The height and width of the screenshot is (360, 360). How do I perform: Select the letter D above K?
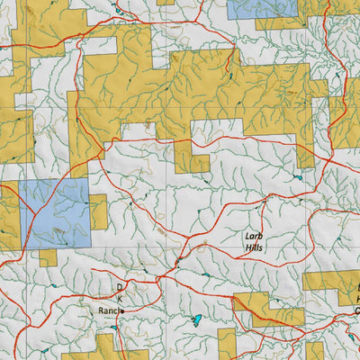tap(118, 286)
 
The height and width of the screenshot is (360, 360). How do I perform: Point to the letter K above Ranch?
tap(118, 298)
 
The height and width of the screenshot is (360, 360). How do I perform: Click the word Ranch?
tap(109, 310)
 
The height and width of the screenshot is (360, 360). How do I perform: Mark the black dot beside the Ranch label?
tap(122, 310)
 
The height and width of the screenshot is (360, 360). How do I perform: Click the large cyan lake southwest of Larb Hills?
tap(197, 319)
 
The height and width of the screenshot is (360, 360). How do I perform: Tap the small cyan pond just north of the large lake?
tap(206, 274)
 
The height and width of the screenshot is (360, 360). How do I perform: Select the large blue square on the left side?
tap(54, 214)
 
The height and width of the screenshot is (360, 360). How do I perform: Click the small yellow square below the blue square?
tap(48, 257)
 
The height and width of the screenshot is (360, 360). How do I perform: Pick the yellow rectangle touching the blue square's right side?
tap(98, 211)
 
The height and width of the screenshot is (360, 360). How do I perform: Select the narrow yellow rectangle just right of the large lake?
tap(226, 342)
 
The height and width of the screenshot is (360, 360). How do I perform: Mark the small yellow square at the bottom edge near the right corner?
tap(314, 350)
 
